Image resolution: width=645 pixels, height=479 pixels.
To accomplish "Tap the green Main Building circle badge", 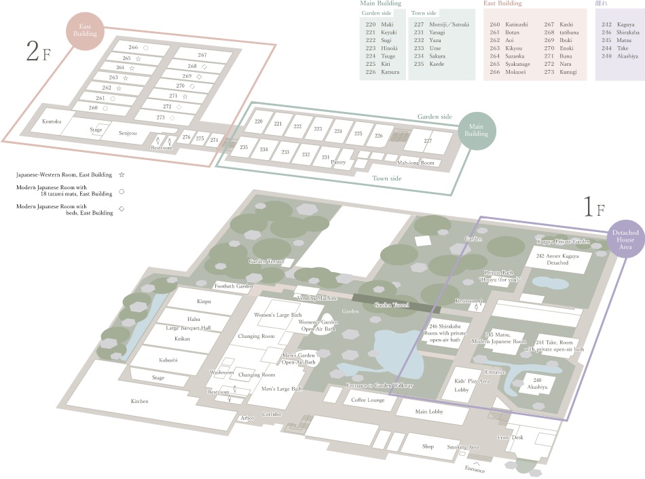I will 477,130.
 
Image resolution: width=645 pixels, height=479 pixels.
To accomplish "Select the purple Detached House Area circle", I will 625,240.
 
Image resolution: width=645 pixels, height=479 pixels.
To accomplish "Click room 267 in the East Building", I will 202,55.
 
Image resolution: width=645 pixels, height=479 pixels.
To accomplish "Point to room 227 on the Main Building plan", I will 428,141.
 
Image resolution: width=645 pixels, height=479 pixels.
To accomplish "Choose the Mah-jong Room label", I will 416,163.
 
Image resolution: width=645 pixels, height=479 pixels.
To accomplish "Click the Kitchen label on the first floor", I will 140,401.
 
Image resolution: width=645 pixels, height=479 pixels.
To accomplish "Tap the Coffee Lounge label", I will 368,400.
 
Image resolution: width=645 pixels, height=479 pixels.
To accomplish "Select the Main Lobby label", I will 429,411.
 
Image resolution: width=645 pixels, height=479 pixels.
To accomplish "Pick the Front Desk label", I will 510,438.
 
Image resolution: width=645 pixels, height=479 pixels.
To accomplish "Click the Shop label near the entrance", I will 428,446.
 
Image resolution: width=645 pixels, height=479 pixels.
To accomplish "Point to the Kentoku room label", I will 52,121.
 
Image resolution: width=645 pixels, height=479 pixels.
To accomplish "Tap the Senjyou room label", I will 128,133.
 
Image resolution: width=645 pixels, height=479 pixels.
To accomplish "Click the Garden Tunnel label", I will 392,305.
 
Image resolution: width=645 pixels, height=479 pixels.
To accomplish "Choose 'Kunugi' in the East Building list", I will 569,72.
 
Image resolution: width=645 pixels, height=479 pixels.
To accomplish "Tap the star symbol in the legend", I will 122,174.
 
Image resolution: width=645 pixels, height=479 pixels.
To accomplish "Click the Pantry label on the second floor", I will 338,162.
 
